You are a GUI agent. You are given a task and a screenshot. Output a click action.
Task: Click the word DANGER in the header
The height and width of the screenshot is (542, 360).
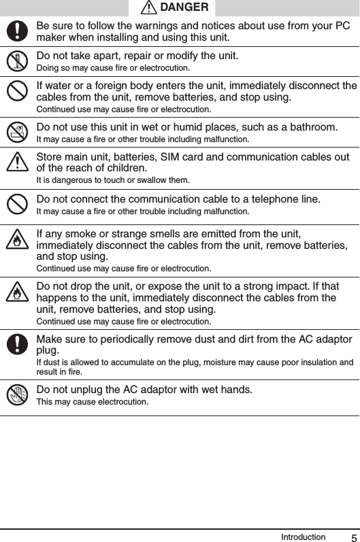(184, 7)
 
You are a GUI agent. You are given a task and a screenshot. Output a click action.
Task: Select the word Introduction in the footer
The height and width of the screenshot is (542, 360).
(303, 537)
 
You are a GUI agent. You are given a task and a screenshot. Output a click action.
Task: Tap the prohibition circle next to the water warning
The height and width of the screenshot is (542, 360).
(17, 90)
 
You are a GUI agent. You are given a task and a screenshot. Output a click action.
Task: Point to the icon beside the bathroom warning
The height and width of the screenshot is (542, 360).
(17, 132)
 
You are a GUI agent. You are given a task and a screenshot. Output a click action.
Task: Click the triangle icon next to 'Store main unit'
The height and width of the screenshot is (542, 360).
(17, 163)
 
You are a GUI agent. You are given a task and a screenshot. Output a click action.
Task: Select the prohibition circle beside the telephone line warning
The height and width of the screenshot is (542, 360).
(17, 203)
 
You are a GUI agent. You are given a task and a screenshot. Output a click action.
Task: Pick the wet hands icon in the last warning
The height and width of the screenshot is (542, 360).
(17, 394)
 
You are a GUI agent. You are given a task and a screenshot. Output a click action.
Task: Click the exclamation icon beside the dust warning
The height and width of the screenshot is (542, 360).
(17, 344)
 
